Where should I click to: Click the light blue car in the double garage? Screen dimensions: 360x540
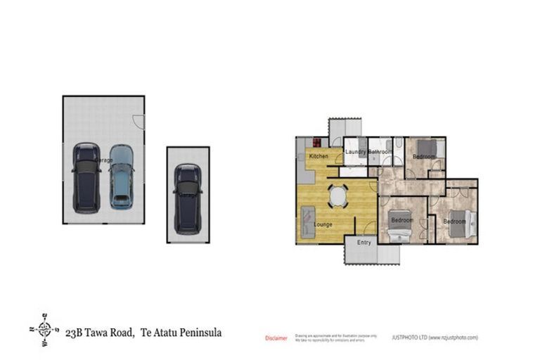coord(121,176)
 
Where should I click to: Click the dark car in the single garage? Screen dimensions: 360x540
coord(188,198)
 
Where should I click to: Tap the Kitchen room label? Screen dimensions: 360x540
coord(319,155)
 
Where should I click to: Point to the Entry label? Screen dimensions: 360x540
coord(364,242)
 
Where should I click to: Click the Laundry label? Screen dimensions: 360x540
coord(354,151)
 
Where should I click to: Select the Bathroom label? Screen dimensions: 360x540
coord(379,151)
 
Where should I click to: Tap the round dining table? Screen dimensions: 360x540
coord(338,195)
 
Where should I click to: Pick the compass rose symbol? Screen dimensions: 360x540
coord(44,329)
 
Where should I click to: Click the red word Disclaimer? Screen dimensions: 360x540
coord(276,338)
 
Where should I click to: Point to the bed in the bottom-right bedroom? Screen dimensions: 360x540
coord(464,221)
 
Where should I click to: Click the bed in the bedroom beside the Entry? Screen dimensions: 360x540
coord(398,224)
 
